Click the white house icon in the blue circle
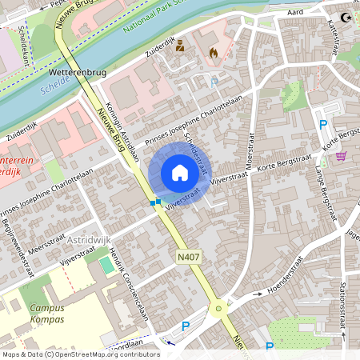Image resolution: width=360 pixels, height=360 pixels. pyautogui.click(x=180, y=173)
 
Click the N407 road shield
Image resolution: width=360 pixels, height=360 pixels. pyautogui.click(x=188, y=256)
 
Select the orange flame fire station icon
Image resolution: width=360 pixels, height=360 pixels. pyautogui.click(x=213, y=52)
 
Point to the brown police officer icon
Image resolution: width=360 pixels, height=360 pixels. pyautogui.click(x=180, y=46)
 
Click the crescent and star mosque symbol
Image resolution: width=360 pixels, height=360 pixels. pyautogui.click(x=346, y=17)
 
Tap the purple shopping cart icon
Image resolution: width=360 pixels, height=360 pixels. pyautogui.click(x=342, y=155)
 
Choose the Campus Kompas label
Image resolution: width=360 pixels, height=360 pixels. pyautogui.click(x=46, y=314)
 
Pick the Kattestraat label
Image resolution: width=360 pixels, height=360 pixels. pyautogui.click(x=330, y=36)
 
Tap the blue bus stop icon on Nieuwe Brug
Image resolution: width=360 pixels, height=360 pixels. pyautogui.click(x=155, y=202)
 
